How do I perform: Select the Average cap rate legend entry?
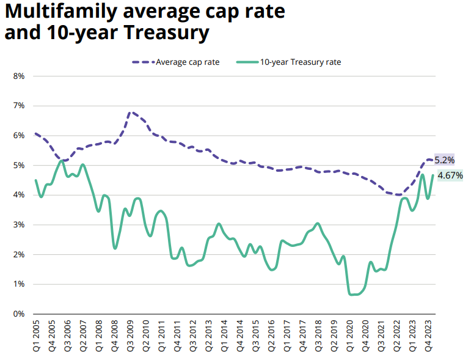[x=187, y=62]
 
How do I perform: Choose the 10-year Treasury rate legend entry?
[x=300, y=62]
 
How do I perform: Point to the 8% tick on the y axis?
[x=18, y=76]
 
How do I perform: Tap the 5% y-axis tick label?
[x=18, y=166]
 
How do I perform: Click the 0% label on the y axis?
[x=18, y=314]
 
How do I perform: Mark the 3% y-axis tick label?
[x=18, y=225]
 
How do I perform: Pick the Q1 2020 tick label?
[x=349, y=337]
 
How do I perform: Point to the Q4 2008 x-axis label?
[x=114, y=337]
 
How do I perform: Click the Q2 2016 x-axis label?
[x=271, y=337]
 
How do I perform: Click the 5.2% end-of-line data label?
[x=444, y=160]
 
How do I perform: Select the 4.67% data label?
[x=450, y=175]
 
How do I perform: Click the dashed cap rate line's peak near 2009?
[x=130, y=112]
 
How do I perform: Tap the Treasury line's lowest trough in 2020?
[x=352, y=295]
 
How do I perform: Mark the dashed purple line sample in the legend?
[x=143, y=62]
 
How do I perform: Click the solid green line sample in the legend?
[x=247, y=62]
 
